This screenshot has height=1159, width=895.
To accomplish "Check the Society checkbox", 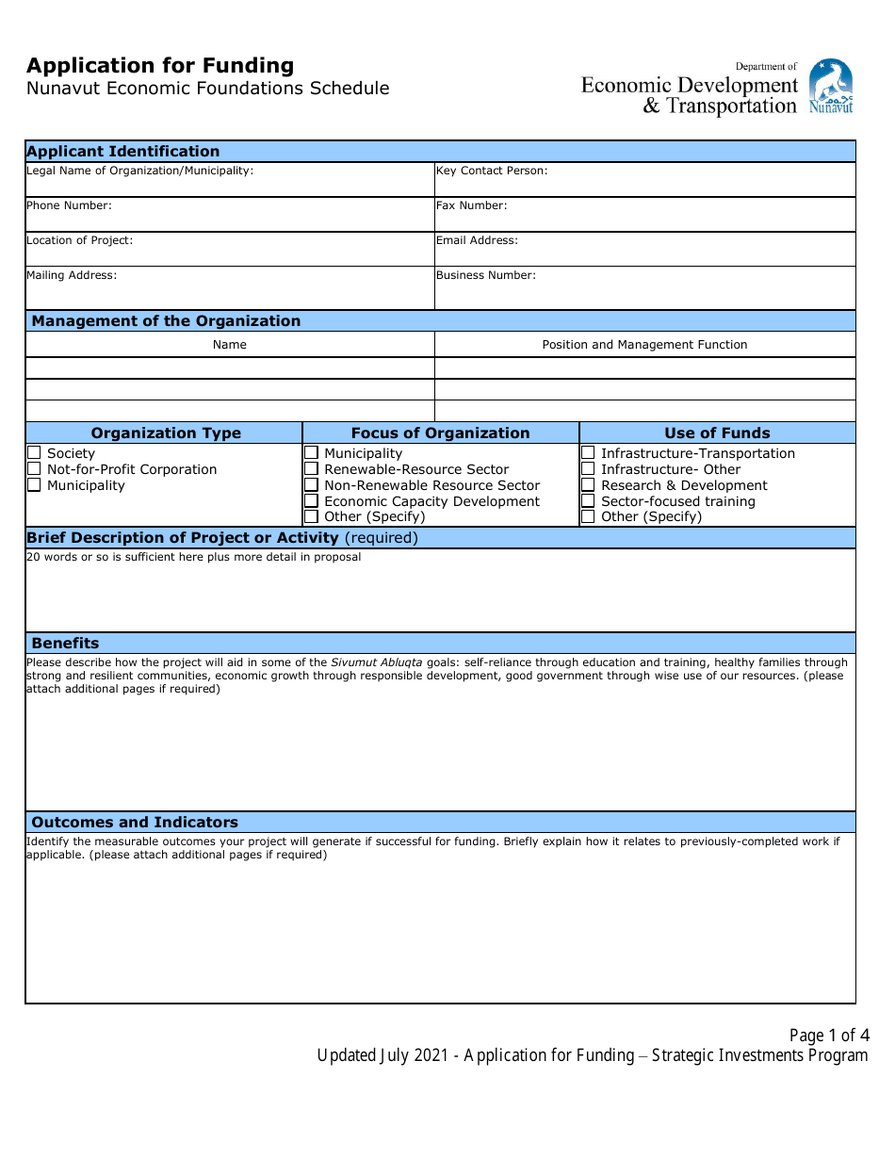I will pyautogui.click(x=34, y=453).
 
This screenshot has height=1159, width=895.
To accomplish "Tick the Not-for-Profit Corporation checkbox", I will pyautogui.click(x=34, y=469).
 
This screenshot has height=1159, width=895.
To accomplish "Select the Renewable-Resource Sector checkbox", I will pyautogui.click(x=311, y=469).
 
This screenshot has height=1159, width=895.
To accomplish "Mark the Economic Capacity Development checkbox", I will pyautogui.click(x=311, y=501).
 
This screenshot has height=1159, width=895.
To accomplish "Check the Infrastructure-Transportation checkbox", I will pyautogui.click(x=588, y=453).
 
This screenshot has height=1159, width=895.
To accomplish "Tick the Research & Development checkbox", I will pyautogui.click(x=588, y=485).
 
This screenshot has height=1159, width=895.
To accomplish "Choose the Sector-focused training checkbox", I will pyautogui.click(x=588, y=501).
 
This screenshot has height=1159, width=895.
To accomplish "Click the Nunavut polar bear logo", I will pyautogui.click(x=830, y=87).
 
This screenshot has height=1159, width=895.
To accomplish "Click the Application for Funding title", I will pyautogui.click(x=160, y=66).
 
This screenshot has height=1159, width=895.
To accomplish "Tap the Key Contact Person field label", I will pyautogui.click(x=491, y=171).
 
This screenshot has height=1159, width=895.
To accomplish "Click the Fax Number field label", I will pyautogui.click(x=471, y=205).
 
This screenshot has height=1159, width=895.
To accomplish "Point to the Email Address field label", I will pyautogui.click(x=477, y=240).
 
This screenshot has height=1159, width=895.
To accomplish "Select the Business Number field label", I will pyautogui.click(x=485, y=275).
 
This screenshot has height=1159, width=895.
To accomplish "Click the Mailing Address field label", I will pyautogui.click(x=72, y=275).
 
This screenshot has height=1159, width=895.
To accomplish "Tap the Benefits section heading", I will pyautogui.click(x=65, y=644).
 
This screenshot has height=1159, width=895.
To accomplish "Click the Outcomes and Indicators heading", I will pyautogui.click(x=135, y=823).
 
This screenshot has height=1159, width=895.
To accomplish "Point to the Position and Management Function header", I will pyautogui.click(x=644, y=345).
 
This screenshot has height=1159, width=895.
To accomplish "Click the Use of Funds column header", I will pyautogui.click(x=717, y=433).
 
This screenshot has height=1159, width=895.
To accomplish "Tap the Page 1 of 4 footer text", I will pyautogui.click(x=829, y=1036).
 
